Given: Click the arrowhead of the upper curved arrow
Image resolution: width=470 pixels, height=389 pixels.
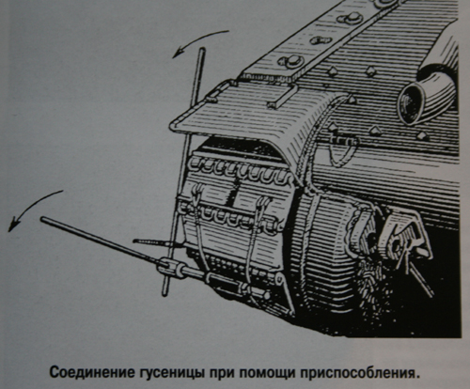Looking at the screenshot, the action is pyautogui.click(x=178, y=53).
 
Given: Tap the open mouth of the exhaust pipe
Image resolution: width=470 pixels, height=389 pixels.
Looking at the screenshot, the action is pyautogui.click(x=411, y=105).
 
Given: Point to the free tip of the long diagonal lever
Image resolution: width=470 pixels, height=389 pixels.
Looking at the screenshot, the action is pyautogui.click(x=43, y=219).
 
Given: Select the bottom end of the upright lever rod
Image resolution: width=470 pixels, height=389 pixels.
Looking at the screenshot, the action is pyautogui.click(x=164, y=293).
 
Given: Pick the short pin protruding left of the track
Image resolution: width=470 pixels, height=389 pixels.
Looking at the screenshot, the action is pyautogui.click(x=149, y=241).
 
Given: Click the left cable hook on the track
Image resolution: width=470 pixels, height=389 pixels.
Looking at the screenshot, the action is pyautogui.click(x=197, y=194).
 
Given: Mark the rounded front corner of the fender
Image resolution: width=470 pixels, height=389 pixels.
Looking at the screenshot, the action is pyautogui.click(x=174, y=124).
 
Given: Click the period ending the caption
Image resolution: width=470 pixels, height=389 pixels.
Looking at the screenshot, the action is pyautogui.click(x=416, y=377).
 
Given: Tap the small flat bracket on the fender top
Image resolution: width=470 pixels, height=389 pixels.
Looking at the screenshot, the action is pyautogui.click(x=283, y=96).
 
